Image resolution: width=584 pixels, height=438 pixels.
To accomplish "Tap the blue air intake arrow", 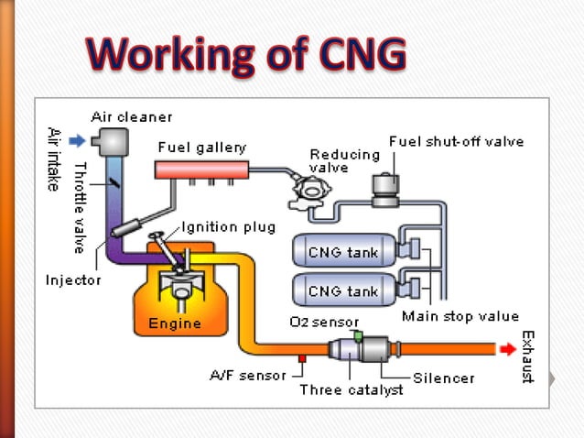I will tap(77, 140).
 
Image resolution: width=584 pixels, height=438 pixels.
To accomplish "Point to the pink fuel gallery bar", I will tap(202, 170).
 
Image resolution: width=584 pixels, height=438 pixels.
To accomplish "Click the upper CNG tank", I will tap(340, 253).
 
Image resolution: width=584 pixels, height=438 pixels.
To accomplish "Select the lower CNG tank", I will tap(340, 291).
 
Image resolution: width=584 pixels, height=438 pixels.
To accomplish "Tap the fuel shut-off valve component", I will tap(385, 186).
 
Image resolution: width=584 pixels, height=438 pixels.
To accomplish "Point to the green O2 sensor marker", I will tap(360, 335).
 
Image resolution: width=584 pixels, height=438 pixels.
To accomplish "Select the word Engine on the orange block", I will tap(175, 324).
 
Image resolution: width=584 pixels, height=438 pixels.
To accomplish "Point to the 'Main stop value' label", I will tap(460, 317).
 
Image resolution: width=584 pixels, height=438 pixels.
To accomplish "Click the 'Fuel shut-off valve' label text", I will tap(456, 142).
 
